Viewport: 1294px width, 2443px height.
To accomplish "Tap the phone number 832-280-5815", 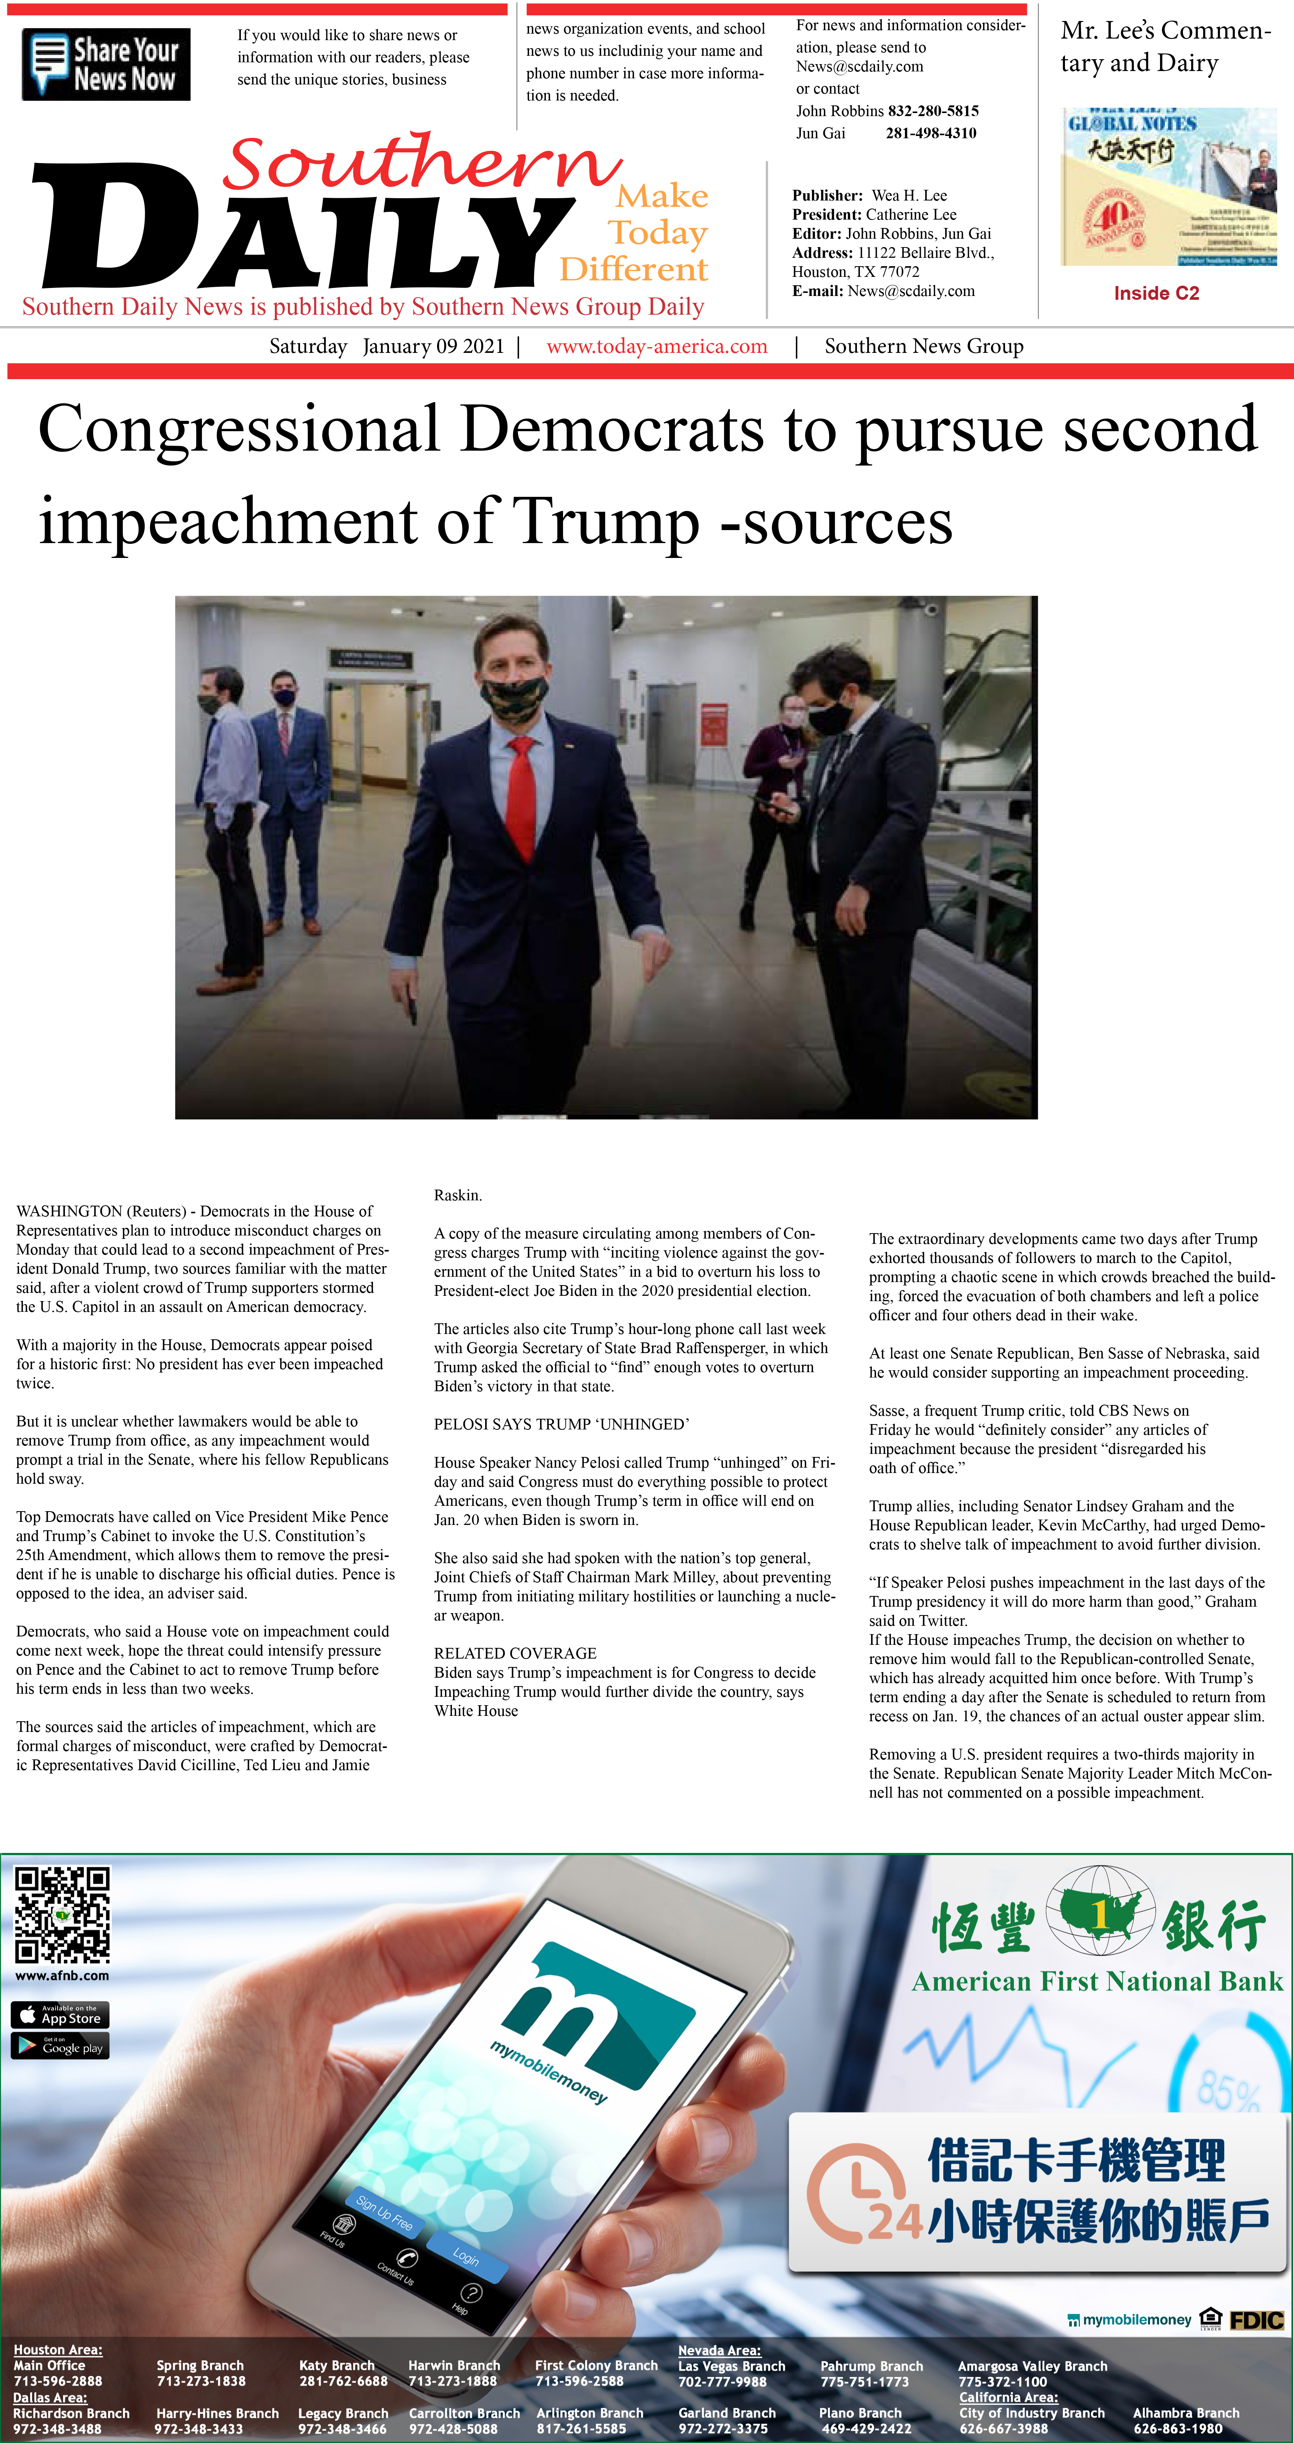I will click(933, 111).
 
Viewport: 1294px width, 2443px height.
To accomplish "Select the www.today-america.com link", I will click(657, 346).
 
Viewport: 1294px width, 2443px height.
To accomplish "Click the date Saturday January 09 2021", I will click(387, 346).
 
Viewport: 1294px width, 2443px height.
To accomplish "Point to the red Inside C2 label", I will click(1155, 293).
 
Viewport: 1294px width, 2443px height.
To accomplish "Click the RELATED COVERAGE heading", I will click(515, 1653).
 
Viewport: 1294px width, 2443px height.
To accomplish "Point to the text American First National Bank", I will click(1097, 1982).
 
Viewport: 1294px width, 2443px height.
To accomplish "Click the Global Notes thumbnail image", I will click(1168, 187).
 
